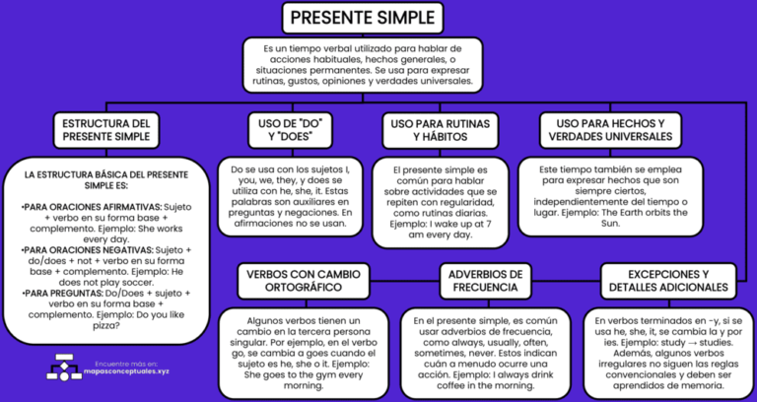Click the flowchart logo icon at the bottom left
click(x=64, y=368)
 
